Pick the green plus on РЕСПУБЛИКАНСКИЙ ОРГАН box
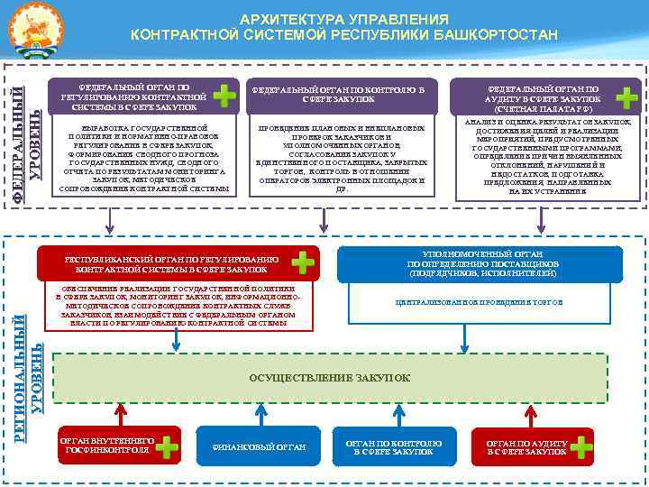(305, 262)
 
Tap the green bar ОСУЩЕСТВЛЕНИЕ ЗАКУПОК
(329, 377)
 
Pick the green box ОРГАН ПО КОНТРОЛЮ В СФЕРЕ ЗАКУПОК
(392, 446)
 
